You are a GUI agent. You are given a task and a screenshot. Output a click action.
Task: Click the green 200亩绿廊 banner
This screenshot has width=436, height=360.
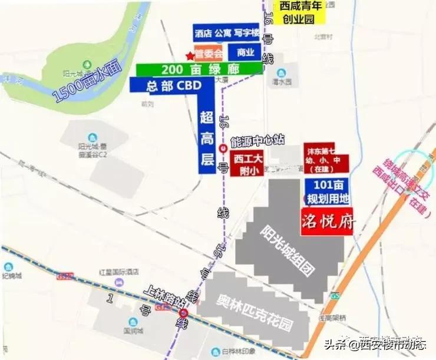[200, 69]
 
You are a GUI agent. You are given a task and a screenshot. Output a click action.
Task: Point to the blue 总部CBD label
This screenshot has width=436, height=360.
[166, 85]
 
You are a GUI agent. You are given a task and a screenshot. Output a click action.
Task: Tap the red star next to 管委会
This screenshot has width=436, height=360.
[189, 56]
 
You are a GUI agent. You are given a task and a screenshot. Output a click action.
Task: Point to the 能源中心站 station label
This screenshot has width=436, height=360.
[257, 140]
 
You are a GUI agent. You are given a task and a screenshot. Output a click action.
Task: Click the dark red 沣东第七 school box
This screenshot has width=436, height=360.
[326, 157]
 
